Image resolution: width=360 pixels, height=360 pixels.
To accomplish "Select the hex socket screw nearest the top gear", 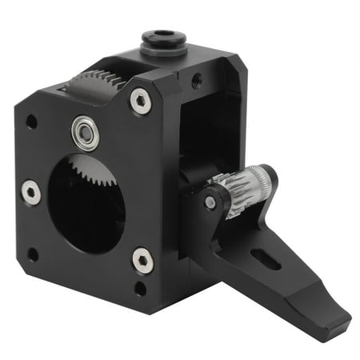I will pyautogui.click(x=139, y=100).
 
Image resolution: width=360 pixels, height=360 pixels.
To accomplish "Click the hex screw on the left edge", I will pyautogui.click(x=30, y=192).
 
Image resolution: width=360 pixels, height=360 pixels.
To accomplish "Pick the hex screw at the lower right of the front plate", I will pyautogui.click(x=142, y=259).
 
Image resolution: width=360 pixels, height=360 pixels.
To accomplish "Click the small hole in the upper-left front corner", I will pyautogui.click(x=31, y=122).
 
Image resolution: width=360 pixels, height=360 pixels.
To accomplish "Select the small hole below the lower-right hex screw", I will pyautogui.click(x=141, y=287).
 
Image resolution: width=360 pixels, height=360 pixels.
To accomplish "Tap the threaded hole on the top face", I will pyautogui.click(x=196, y=79).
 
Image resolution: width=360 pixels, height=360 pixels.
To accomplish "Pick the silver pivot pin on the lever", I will pyautogui.click(x=210, y=202).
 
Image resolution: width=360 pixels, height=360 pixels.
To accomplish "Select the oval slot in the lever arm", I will pyautogui.click(x=266, y=258).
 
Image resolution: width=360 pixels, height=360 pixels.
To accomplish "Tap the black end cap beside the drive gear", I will pyautogui.click(x=266, y=180).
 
